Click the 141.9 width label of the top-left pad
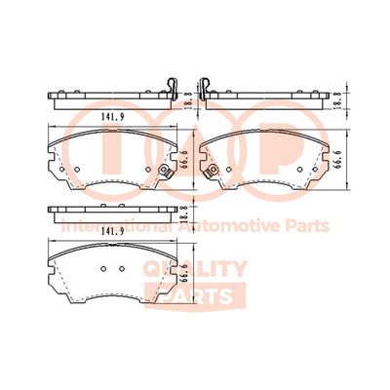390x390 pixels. click(113, 117)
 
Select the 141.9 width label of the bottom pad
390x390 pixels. click(113, 232)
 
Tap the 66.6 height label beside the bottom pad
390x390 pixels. click(183, 273)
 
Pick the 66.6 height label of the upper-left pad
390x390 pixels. click(183, 160)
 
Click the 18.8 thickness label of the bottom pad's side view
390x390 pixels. click(183, 214)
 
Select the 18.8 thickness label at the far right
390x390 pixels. click(337, 100)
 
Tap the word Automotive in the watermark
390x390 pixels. click(227, 226)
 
